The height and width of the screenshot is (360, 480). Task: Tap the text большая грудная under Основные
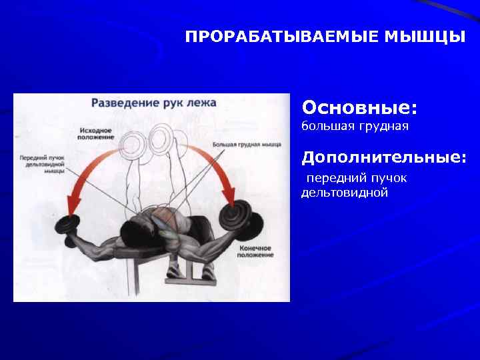[355, 125]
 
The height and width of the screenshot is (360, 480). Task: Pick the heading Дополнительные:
[384, 157]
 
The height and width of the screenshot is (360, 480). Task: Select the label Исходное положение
[95, 133]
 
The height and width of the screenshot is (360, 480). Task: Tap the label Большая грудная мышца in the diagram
[247, 144]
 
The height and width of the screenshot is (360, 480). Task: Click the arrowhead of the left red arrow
[75, 200]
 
